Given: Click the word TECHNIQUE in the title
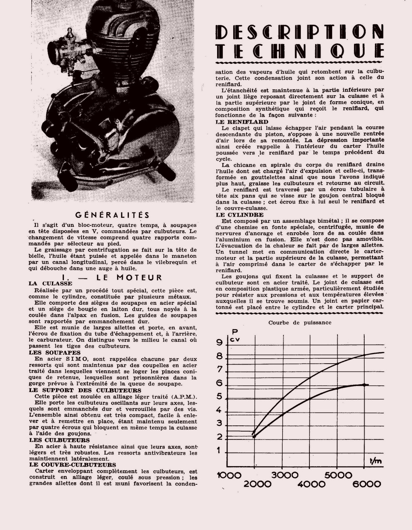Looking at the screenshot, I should click(x=300, y=50).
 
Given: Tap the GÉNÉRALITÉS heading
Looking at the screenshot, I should click(x=112, y=215).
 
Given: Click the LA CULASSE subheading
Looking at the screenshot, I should click(x=50, y=283).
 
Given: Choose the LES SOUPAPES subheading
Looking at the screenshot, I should click(x=55, y=353).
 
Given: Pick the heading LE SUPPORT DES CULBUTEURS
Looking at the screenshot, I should click(x=85, y=390).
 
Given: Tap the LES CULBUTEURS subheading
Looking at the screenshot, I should click(x=59, y=440).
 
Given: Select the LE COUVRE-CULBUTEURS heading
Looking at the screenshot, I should click(x=72, y=465).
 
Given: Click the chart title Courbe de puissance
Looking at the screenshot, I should click(x=300, y=322).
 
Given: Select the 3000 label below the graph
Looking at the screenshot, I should click(x=284, y=475).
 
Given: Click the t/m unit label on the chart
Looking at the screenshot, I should click(x=375, y=461).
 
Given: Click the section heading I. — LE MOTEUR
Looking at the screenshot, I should click(x=111, y=277).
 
